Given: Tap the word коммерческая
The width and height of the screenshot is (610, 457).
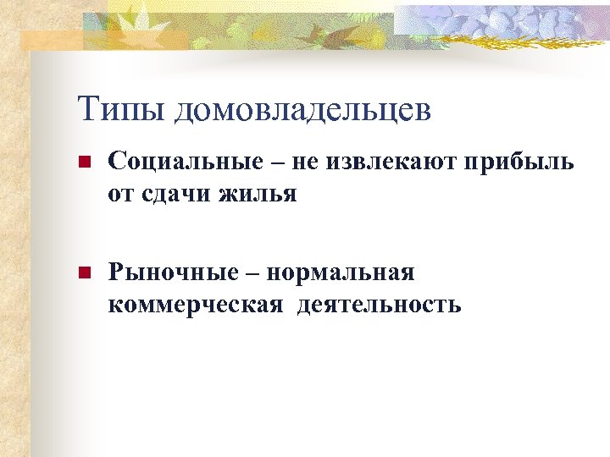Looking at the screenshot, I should click(x=194, y=304).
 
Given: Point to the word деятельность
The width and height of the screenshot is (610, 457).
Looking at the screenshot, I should click(x=379, y=304).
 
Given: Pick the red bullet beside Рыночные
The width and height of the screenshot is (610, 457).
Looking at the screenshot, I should click(x=83, y=273).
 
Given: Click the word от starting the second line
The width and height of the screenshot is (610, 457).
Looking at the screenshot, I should click(x=120, y=195).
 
